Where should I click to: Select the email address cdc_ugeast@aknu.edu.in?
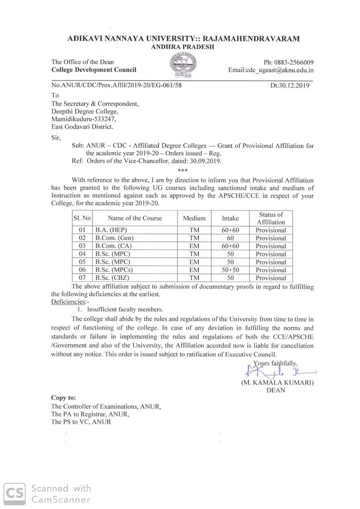[270, 71]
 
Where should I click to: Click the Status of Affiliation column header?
[271, 218]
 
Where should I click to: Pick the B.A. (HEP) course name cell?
[111, 230]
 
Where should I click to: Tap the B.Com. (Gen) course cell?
[114, 238]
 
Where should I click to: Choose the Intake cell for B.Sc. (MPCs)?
[230, 270]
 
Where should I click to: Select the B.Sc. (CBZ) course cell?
[112, 278]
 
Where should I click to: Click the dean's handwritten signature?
[278, 370]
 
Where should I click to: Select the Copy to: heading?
[64, 398]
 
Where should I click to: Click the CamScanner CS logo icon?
[15, 494]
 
